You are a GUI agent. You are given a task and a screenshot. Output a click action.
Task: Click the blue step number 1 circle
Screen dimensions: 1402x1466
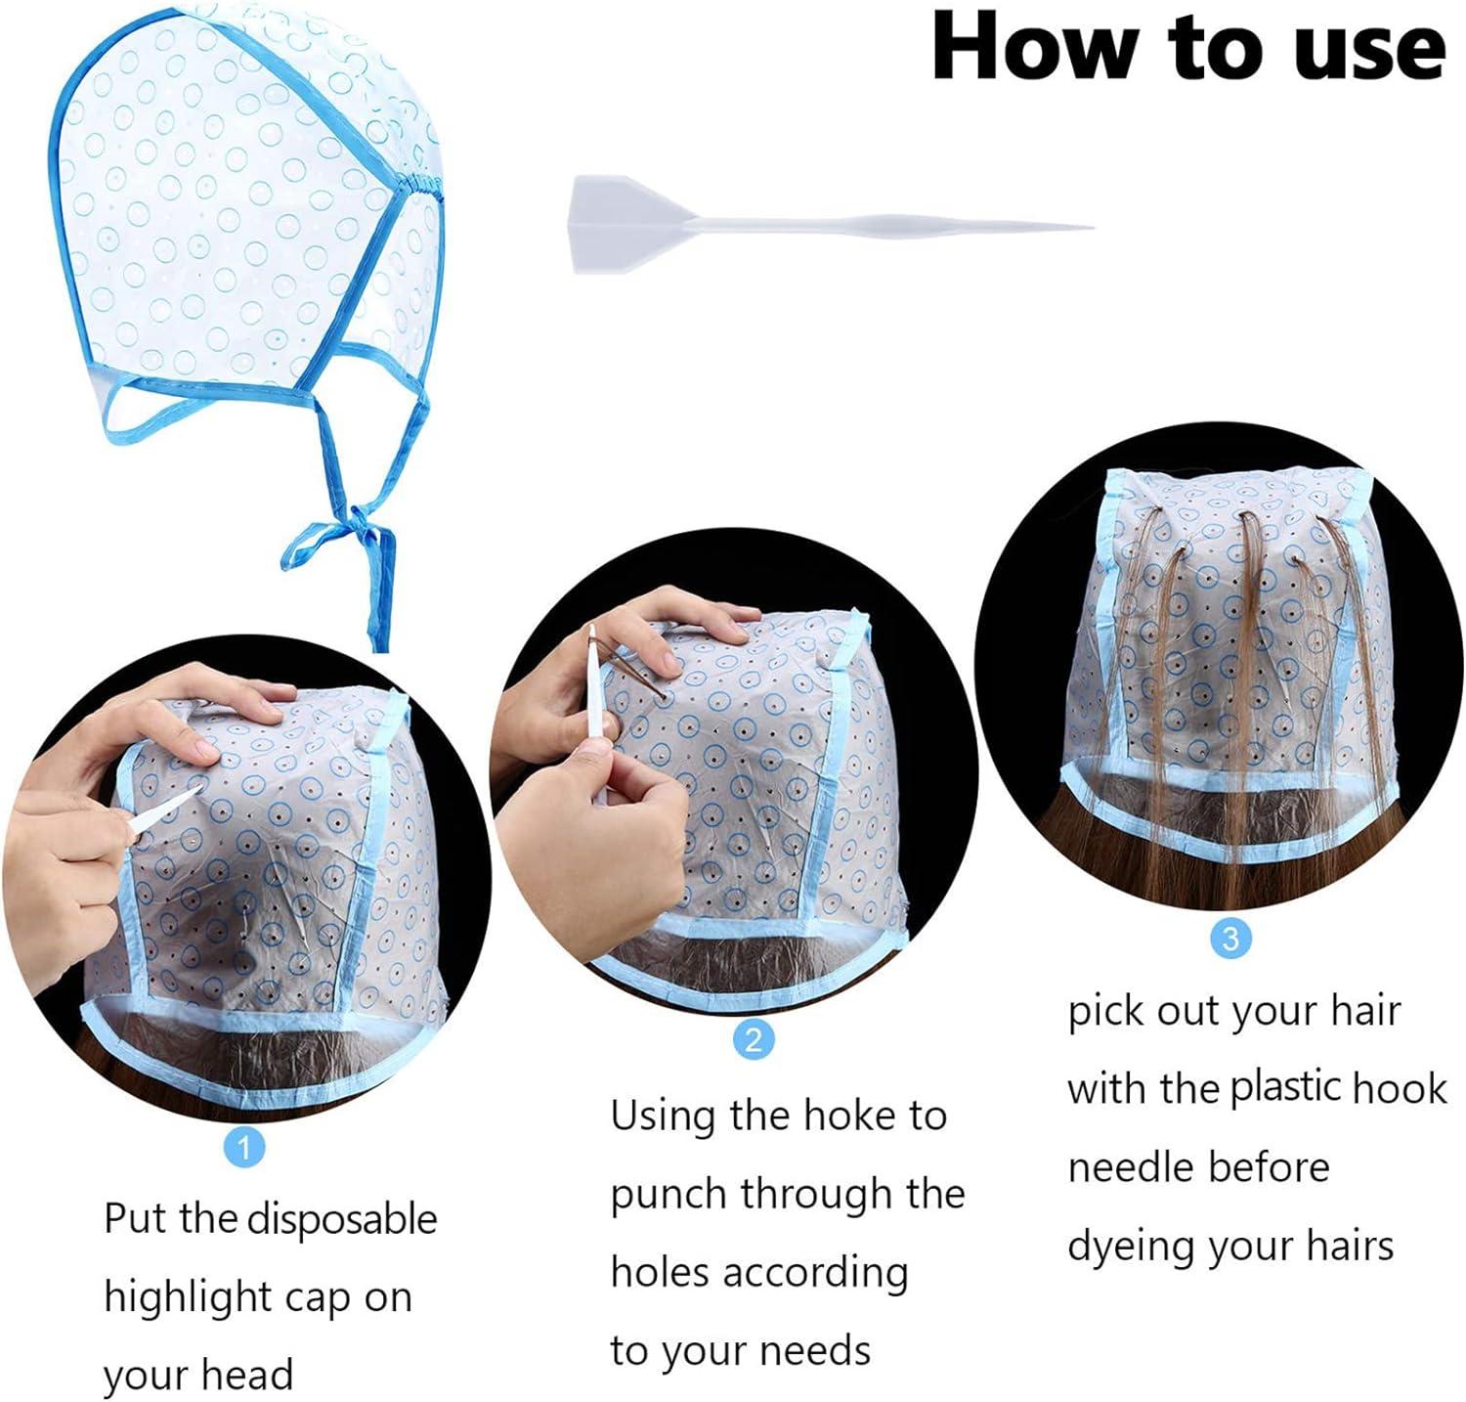[x=244, y=1146]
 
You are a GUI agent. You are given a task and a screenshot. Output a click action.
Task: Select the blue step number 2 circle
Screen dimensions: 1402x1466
[x=753, y=1038]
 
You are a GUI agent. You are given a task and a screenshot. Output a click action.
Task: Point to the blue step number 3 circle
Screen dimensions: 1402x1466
[x=1230, y=939]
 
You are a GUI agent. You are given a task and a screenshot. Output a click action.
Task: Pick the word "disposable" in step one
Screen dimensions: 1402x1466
[x=342, y=1220]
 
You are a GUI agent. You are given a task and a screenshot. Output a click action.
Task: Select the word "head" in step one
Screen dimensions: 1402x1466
[x=251, y=1375]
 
